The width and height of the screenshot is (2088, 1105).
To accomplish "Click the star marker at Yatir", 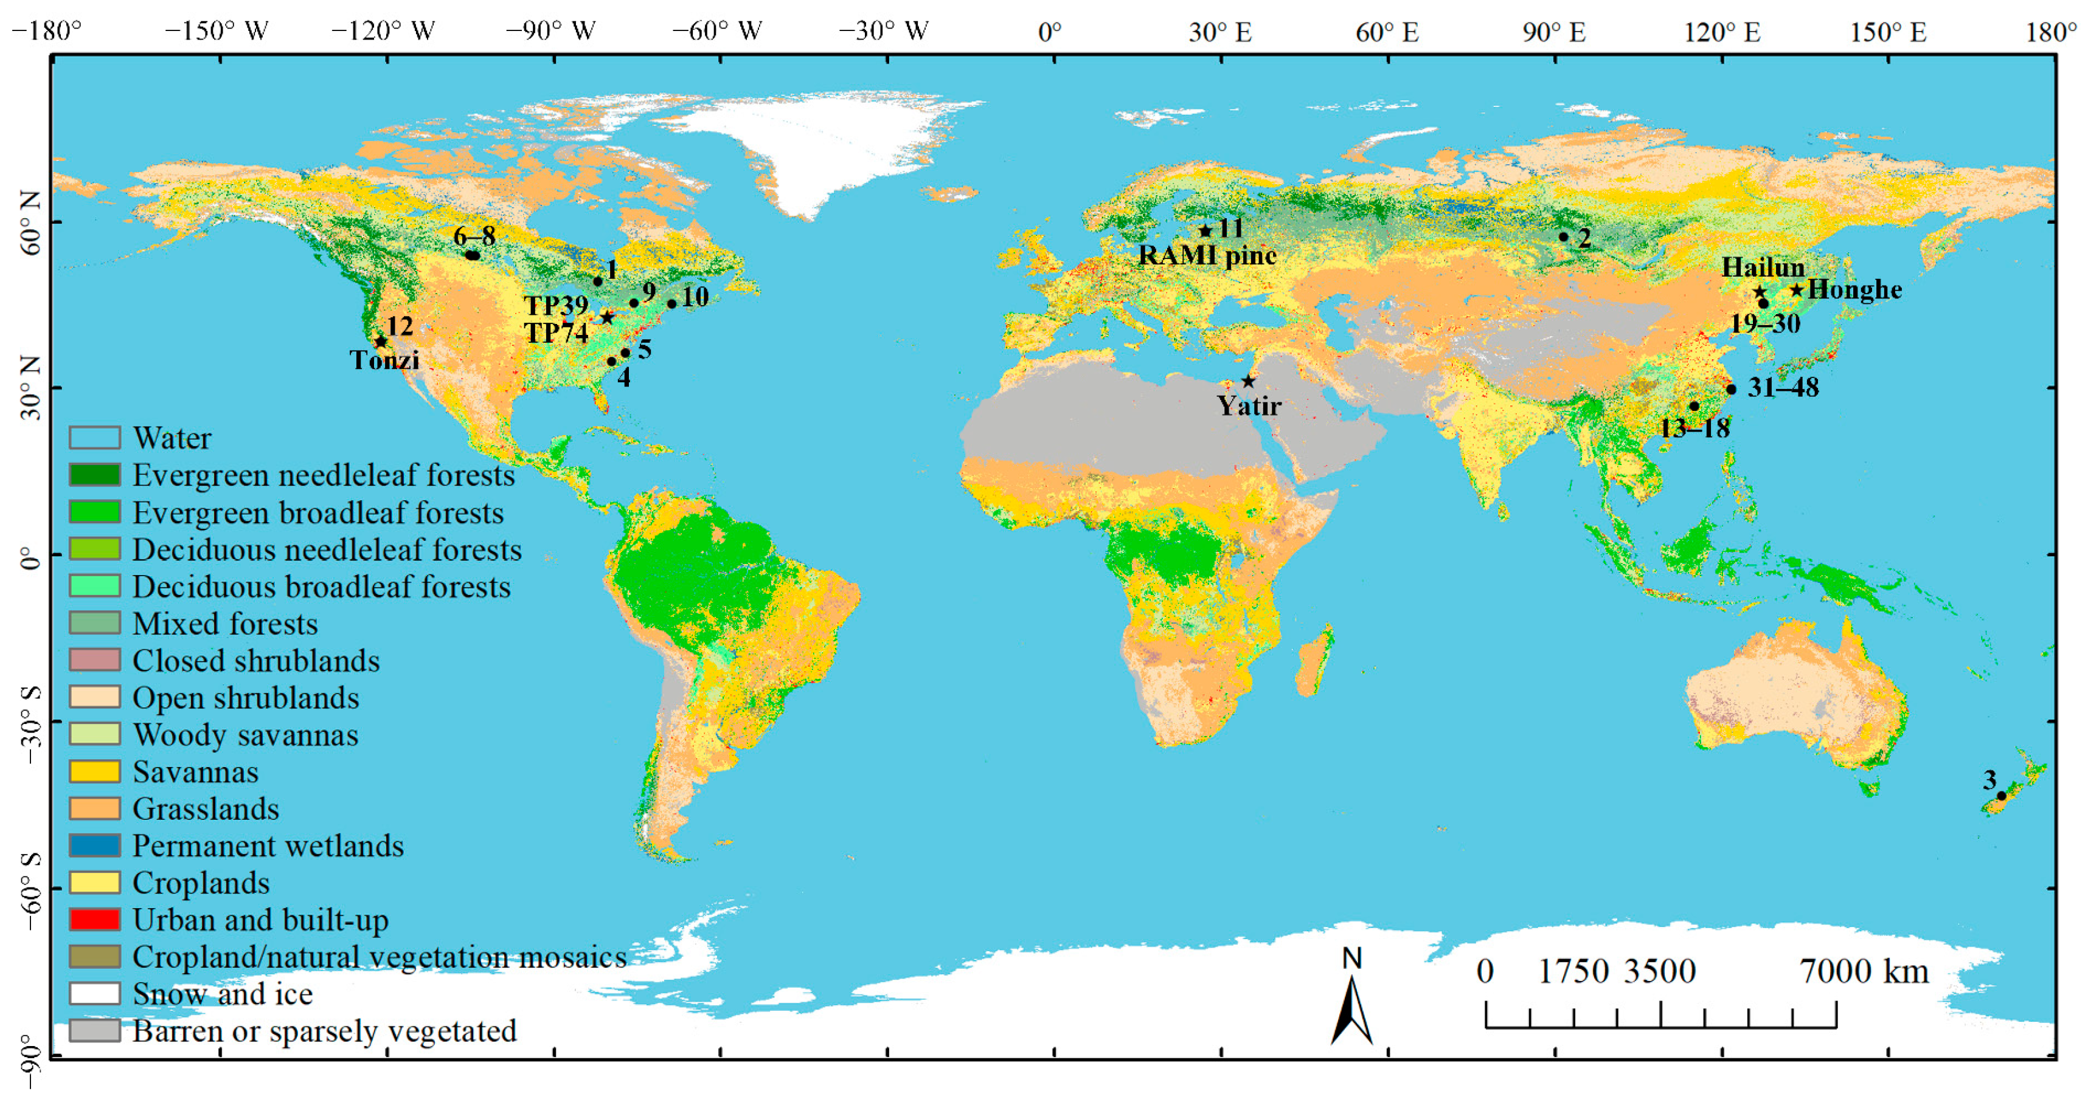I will [x=1248, y=380].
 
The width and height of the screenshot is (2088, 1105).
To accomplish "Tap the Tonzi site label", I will [x=384, y=360].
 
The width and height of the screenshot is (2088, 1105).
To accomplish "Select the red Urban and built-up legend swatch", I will [x=95, y=920].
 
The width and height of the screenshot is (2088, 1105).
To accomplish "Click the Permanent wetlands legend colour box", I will [x=95, y=845].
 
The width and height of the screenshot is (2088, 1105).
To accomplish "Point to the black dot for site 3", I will [x=2001, y=796].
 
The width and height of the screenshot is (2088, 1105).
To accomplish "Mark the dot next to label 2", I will [x=1564, y=236].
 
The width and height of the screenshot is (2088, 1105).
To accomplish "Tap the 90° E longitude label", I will [x=1554, y=32].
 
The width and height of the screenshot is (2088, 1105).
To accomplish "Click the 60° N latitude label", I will [x=30, y=223].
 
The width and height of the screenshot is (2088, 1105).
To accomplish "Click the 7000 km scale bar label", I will [x=1864, y=971].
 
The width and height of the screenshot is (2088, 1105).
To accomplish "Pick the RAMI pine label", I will [x=1207, y=255].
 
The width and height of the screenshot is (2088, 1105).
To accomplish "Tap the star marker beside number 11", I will [x=1205, y=231].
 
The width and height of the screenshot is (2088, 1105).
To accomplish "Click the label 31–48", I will [x=1783, y=387].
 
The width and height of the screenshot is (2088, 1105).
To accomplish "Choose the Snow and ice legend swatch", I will [x=95, y=993].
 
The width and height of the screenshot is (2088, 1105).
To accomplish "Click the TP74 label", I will [x=556, y=332].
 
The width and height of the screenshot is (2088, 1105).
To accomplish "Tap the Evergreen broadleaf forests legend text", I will [x=317, y=513].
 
